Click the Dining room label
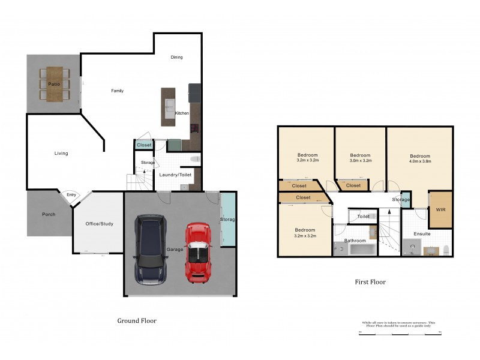[x=176, y=58]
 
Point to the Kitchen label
[x=182, y=113]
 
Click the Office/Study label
[x=99, y=224]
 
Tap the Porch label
[x=49, y=214]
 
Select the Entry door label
[x=71, y=194]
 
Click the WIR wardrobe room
[x=440, y=209]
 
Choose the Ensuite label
[x=422, y=233]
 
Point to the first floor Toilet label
[x=363, y=217]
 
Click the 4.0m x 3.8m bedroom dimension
[x=420, y=161]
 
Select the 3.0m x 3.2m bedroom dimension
[x=361, y=161]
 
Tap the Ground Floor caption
[x=137, y=321]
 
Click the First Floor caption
[x=370, y=281]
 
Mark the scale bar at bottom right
[x=400, y=331]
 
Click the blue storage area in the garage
[x=227, y=220]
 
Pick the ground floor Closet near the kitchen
[x=144, y=145]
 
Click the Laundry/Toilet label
[x=176, y=175]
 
